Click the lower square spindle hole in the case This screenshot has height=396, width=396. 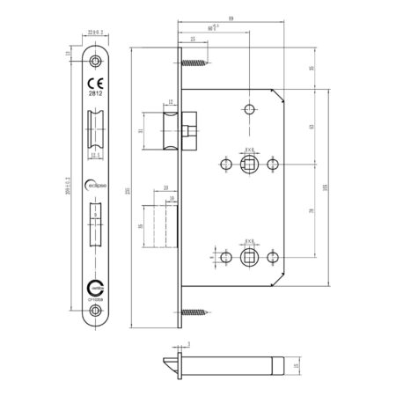[x=249, y=256]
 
